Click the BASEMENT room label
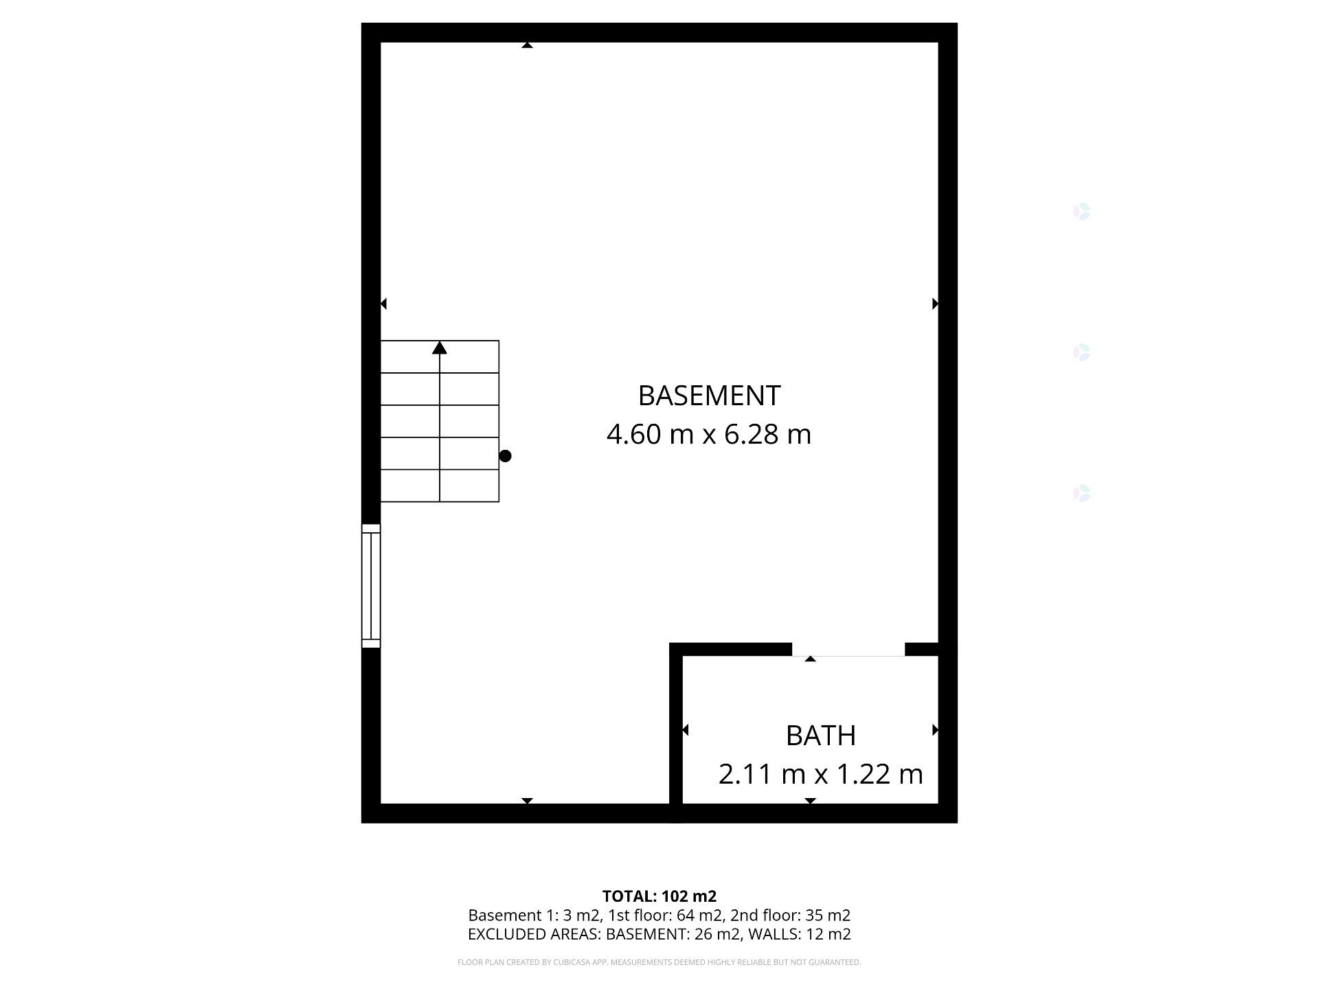tap(709, 396)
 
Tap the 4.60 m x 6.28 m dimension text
tap(709, 434)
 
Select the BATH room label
tap(820, 736)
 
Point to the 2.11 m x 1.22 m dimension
tap(820, 774)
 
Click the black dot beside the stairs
tap(505, 456)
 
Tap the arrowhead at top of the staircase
tap(440, 348)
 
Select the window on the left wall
tap(371, 586)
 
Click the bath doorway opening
tap(848, 650)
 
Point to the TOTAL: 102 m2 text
tap(659, 896)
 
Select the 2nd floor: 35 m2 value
tap(790, 916)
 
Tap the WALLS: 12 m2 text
tap(800, 934)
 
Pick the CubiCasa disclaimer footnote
tap(659, 962)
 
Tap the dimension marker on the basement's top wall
tap(527, 45)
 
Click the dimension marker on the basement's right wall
tap(935, 304)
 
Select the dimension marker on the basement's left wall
tap(383, 304)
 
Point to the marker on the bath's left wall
tap(685, 730)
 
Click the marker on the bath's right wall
tap(935, 730)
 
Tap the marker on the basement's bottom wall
tap(527, 801)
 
